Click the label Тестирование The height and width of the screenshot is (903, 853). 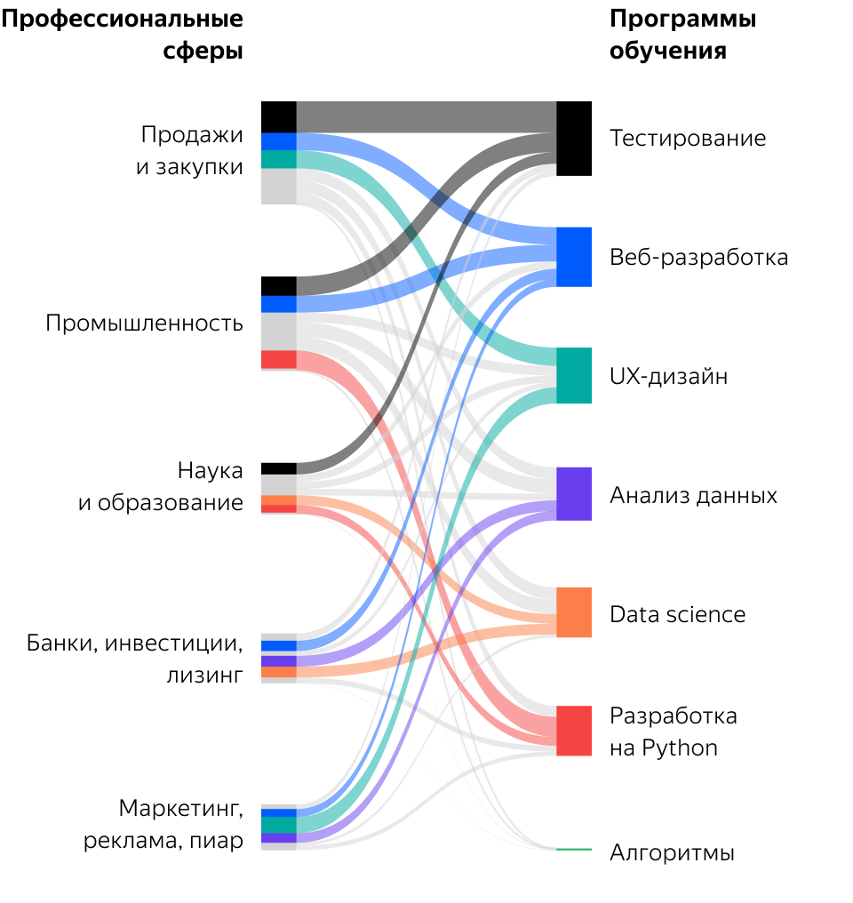[x=687, y=139]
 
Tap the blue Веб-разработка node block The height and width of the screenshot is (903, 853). [x=574, y=257]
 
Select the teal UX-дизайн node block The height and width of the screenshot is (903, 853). [x=574, y=375]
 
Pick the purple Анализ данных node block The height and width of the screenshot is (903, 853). [x=574, y=493]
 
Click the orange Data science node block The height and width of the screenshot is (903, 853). [x=574, y=612]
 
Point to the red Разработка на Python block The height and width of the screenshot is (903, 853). [x=574, y=731]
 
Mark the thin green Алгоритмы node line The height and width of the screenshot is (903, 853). [x=574, y=850]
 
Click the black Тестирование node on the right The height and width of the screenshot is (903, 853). [x=574, y=139]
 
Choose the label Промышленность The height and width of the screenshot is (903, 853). [x=144, y=324]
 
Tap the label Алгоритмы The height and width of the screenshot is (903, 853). [x=672, y=854]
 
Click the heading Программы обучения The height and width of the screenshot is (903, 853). [x=682, y=36]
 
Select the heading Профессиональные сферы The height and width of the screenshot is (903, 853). [x=122, y=36]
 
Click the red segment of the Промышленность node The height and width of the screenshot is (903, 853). [x=278, y=359]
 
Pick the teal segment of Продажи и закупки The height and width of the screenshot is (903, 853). [x=278, y=160]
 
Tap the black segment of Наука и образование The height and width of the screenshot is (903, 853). [x=278, y=468]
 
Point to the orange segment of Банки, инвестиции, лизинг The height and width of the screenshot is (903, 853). [x=278, y=672]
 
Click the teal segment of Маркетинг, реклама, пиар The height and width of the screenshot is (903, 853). [x=278, y=825]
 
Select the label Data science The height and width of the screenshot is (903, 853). [x=677, y=614]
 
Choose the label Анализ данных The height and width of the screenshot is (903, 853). [x=693, y=495]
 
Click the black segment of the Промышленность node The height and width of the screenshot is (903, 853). [x=278, y=286]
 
